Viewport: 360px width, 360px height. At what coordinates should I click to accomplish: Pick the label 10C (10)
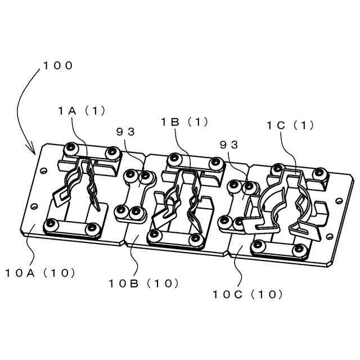(x=247, y=294)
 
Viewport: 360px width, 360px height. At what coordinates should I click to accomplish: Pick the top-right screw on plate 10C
(x=320, y=174)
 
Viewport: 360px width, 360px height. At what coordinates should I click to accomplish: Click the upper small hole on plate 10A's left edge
(x=44, y=169)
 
